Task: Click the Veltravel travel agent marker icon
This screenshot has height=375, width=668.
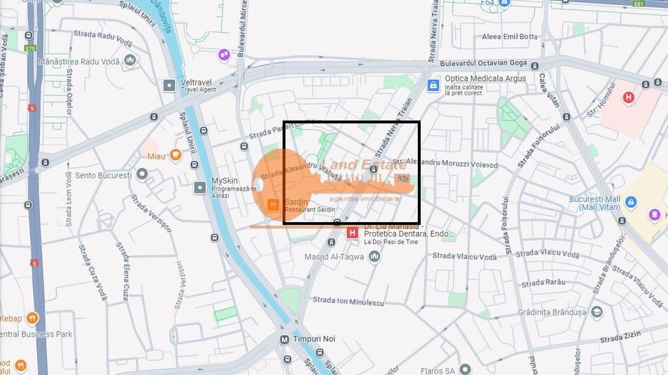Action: pos(169,85)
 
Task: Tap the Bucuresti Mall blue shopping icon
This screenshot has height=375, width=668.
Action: pos(630,202)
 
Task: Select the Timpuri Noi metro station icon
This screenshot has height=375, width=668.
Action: pos(286,339)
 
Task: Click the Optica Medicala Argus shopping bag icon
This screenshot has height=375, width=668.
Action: pos(432,85)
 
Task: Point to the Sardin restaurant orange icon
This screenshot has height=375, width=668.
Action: pos(272,205)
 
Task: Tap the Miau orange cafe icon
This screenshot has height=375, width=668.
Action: pos(175,154)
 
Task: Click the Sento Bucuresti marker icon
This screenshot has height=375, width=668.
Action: pos(142,174)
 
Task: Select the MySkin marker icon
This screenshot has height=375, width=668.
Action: pos(200,187)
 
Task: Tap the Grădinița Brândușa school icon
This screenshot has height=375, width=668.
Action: pos(597,312)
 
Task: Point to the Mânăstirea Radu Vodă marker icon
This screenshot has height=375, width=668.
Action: pos(130,60)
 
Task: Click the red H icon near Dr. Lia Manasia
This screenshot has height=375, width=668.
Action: pos(352,233)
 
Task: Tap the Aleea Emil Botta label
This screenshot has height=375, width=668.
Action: pos(510,36)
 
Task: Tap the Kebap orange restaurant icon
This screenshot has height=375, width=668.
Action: pos(31,318)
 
